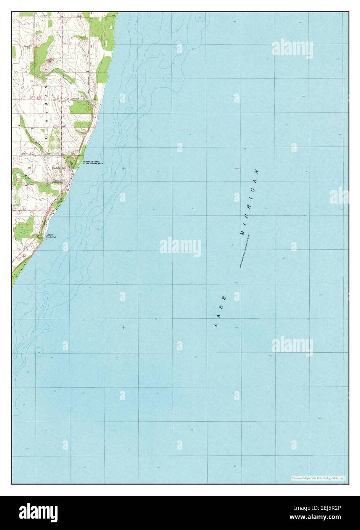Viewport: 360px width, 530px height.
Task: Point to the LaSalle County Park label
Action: coord(51,236)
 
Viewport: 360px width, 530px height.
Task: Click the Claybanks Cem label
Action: coord(59,167)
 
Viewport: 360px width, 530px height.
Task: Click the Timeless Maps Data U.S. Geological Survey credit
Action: coord(318,478)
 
